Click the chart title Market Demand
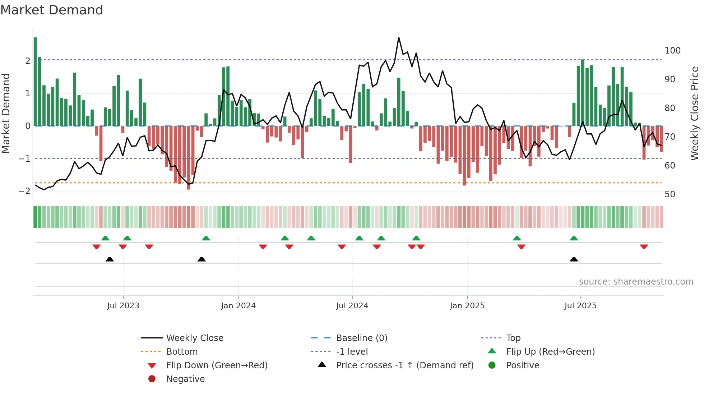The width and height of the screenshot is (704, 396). coord(52,10)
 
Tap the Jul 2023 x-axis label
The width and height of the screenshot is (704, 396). coord(123,306)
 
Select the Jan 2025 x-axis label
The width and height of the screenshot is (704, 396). coord(467,306)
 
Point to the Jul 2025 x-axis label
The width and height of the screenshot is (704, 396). coord(580,306)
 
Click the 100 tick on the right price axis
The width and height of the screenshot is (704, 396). coord(672,51)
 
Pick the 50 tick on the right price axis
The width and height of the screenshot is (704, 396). coord(670,194)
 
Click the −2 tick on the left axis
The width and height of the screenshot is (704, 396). coord(24,191)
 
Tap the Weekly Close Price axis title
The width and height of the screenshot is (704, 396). coord(695,113)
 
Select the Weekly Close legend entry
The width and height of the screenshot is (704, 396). coord(194,338)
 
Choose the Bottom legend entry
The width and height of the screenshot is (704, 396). coord(182,352)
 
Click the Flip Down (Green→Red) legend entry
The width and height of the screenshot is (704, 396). coord(217,365)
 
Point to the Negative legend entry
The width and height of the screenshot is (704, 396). coord(185,379)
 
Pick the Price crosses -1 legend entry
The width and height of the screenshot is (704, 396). coord(404,365)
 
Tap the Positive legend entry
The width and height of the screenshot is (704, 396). coord(523,365)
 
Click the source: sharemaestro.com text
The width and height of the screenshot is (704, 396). coord(636,282)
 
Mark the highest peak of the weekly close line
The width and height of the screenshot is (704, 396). coord(399,38)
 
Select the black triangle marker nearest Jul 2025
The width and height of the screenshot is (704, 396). coord(574,259)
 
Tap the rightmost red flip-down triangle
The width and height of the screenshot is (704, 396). coord(644,247)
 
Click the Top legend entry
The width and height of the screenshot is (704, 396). coord(513,338)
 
